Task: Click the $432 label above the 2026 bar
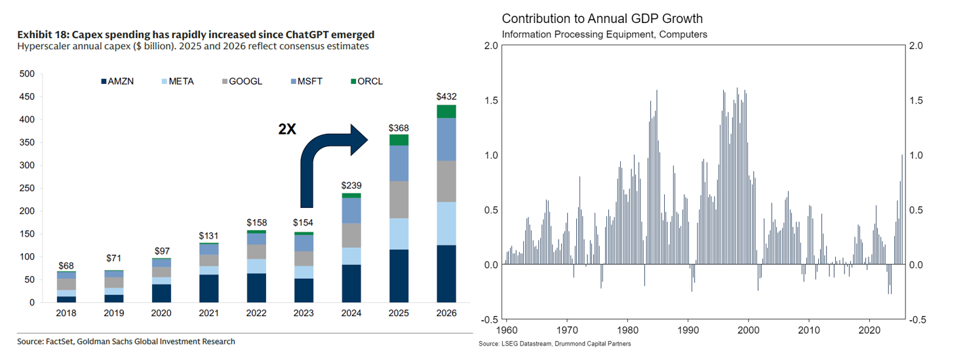pos(446,96)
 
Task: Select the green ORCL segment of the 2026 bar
pos(446,111)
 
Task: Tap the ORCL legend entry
pos(367,81)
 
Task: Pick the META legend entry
pos(176,81)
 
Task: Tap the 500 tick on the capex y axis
pos(27,74)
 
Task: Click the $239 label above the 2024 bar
pos(351,185)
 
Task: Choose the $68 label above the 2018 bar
pos(66,266)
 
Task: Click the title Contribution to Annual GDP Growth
pos(602,18)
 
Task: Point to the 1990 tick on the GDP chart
pos(688,329)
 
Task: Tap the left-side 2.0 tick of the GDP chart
pos(490,46)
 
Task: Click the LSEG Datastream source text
pos(555,344)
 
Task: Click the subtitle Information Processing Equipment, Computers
pos(604,34)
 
